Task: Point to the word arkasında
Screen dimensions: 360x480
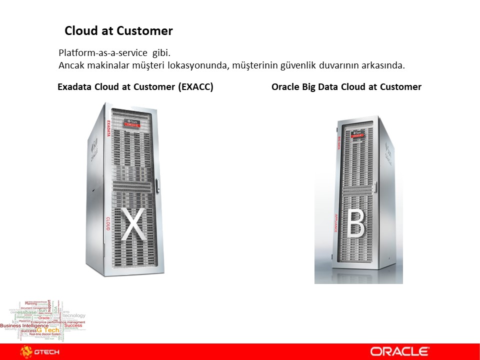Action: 383,65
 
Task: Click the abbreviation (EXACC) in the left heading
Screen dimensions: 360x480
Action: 195,87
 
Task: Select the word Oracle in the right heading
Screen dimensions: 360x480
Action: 285,87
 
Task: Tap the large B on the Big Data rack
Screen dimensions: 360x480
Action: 356,224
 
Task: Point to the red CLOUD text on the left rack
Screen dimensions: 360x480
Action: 107,223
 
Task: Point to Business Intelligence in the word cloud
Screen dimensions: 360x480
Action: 24,325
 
